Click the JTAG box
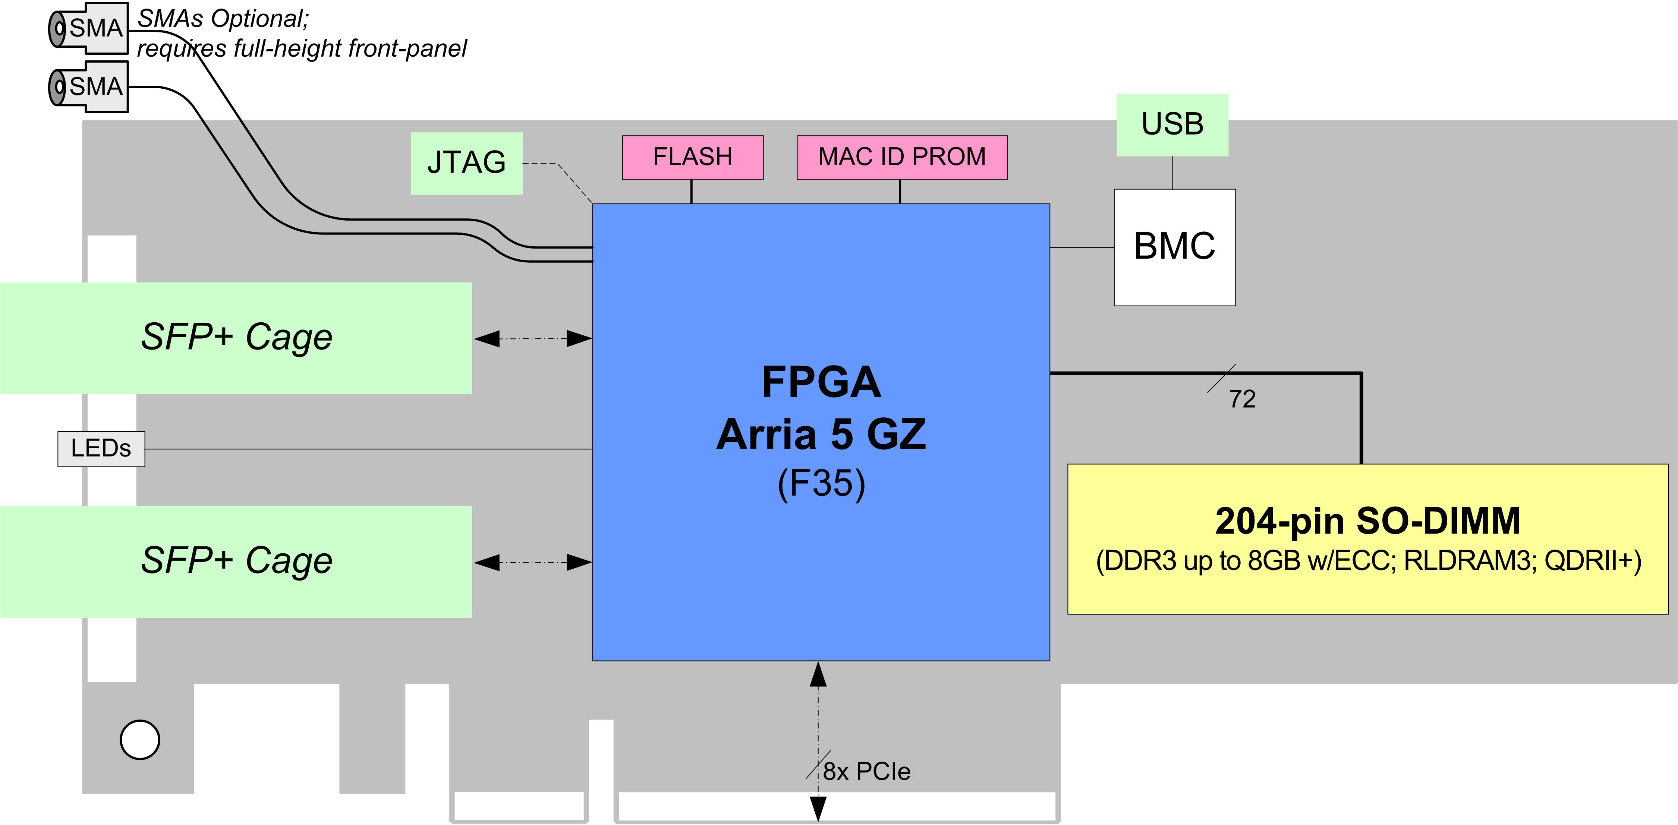click(x=466, y=163)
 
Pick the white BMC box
click(x=1174, y=247)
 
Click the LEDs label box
click(x=101, y=449)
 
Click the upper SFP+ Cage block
click(x=236, y=338)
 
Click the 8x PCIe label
click(x=866, y=772)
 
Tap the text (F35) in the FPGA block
click(x=821, y=483)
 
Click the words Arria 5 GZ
click(x=821, y=434)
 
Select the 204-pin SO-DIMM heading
click(x=1368, y=521)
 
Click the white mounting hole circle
click(x=140, y=740)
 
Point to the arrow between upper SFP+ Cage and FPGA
click(x=533, y=339)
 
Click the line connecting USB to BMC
click(x=1172, y=173)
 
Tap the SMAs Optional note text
click(x=302, y=34)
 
